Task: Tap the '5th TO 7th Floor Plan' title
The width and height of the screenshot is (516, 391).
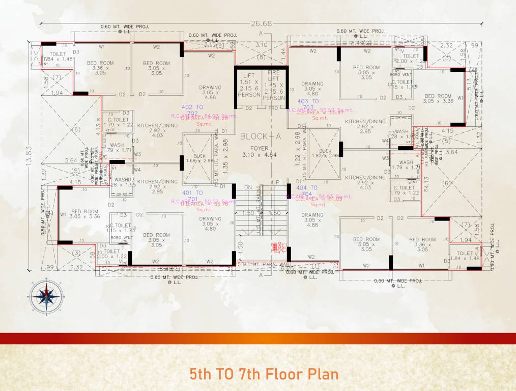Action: pos(264,375)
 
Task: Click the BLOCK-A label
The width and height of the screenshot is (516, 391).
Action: pos(261,136)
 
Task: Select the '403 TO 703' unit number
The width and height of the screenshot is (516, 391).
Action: pos(307,105)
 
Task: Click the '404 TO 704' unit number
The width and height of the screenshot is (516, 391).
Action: pos(307,191)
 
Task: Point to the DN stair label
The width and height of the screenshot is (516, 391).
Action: pos(248,188)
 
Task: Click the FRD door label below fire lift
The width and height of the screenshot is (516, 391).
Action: pos(274,108)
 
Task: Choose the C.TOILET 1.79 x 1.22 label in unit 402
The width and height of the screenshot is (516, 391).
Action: pos(118,122)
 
